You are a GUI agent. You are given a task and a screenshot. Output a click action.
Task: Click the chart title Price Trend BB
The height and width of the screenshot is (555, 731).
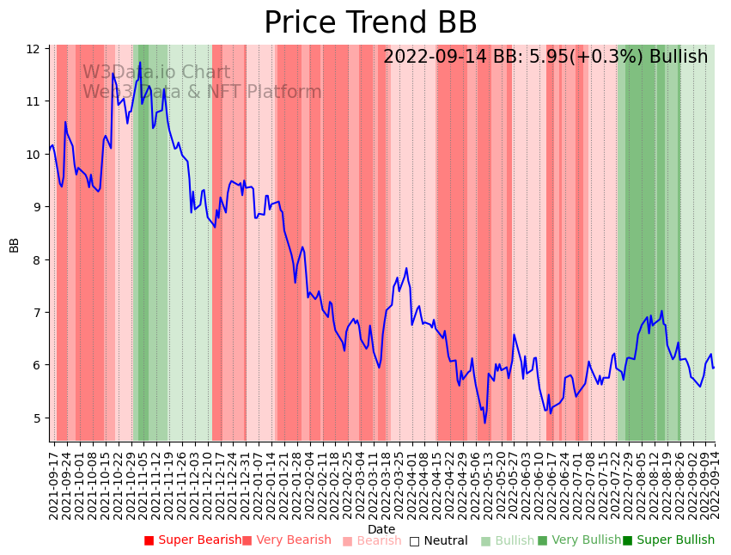[370, 23]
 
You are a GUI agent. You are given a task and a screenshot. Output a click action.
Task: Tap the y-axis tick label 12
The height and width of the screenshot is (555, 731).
[34, 49]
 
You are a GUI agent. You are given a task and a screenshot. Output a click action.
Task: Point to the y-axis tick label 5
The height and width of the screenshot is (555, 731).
[36, 418]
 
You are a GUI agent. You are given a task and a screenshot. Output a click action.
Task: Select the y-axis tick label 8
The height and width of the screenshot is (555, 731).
[36, 260]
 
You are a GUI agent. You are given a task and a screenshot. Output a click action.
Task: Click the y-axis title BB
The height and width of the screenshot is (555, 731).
[14, 245]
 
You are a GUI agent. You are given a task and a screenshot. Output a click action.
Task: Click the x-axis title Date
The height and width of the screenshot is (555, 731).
[381, 529]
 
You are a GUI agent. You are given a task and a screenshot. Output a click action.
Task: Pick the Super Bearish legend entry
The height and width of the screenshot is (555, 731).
[193, 540]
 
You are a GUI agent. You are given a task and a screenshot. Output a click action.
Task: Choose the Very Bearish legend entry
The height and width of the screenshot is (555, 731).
[286, 540]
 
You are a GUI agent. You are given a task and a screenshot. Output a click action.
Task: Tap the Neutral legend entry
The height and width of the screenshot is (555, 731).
[438, 541]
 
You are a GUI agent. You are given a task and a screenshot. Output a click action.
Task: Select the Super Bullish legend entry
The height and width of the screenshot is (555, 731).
[668, 540]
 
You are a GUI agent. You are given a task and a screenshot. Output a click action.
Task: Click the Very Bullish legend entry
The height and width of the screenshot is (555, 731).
[579, 540]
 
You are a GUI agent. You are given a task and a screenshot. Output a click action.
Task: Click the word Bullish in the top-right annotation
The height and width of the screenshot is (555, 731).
[679, 57]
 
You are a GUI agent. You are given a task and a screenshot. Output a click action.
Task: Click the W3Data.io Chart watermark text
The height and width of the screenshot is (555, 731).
[156, 73]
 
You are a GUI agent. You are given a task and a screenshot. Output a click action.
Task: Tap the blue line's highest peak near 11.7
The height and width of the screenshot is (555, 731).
[140, 63]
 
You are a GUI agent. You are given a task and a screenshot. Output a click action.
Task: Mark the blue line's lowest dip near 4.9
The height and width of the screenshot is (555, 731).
[484, 423]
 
